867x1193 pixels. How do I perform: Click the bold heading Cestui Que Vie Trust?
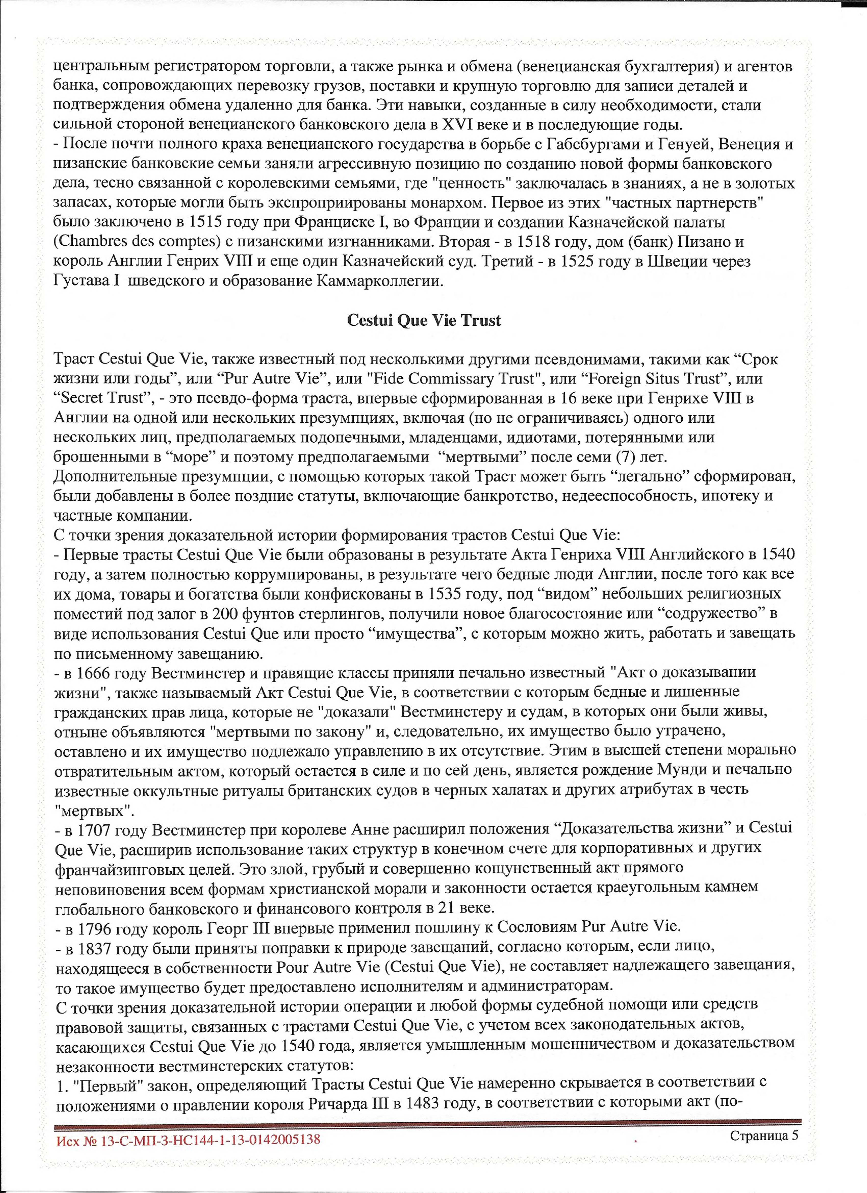point(424,320)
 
